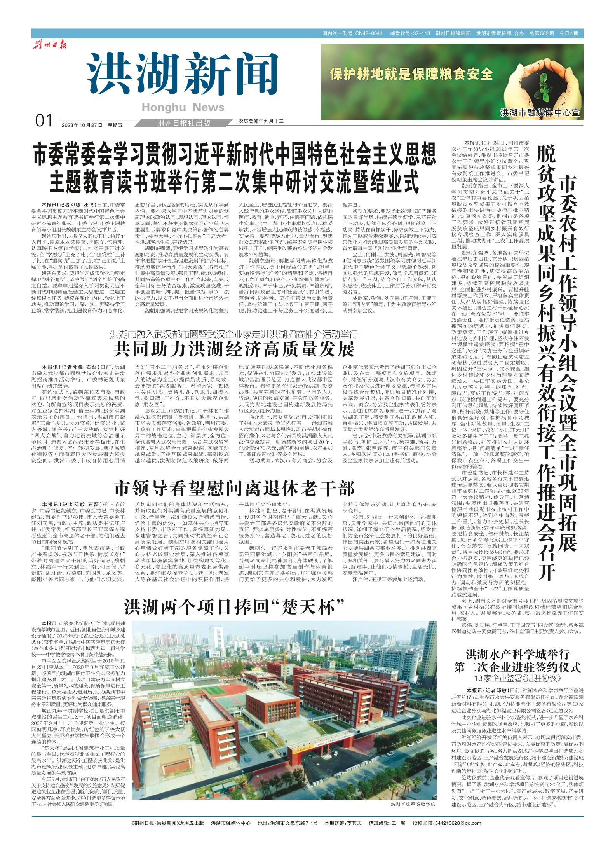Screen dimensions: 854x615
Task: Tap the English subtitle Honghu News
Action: (183, 107)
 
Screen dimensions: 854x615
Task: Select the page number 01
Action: (44, 122)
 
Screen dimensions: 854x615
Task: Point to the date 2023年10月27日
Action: (82, 125)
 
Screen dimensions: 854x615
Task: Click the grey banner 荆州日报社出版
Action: (184, 123)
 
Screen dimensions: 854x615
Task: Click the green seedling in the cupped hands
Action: (542, 87)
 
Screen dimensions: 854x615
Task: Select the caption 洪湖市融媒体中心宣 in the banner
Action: (540, 113)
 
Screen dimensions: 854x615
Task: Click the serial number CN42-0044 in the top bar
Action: (368, 33)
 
